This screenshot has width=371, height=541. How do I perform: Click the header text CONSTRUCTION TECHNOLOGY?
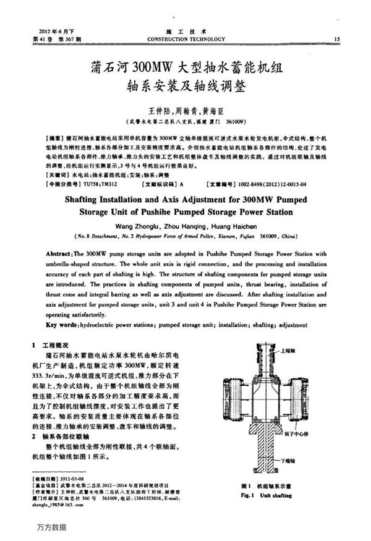pos(185,39)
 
